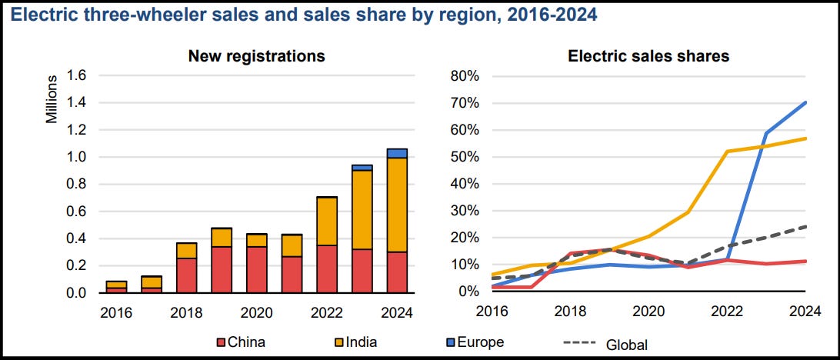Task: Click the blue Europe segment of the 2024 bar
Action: click(x=397, y=153)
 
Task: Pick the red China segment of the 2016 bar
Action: click(x=117, y=290)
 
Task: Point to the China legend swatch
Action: click(x=222, y=342)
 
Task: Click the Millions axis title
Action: click(x=52, y=100)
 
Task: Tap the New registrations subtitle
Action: click(x=258, y=55)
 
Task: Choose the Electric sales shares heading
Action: click(x=648, y=55)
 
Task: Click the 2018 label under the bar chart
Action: click(x=186, y=313)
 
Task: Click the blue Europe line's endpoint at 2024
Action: click(x=805, y=102)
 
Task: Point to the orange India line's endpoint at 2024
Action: click(x=805, y=138)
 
